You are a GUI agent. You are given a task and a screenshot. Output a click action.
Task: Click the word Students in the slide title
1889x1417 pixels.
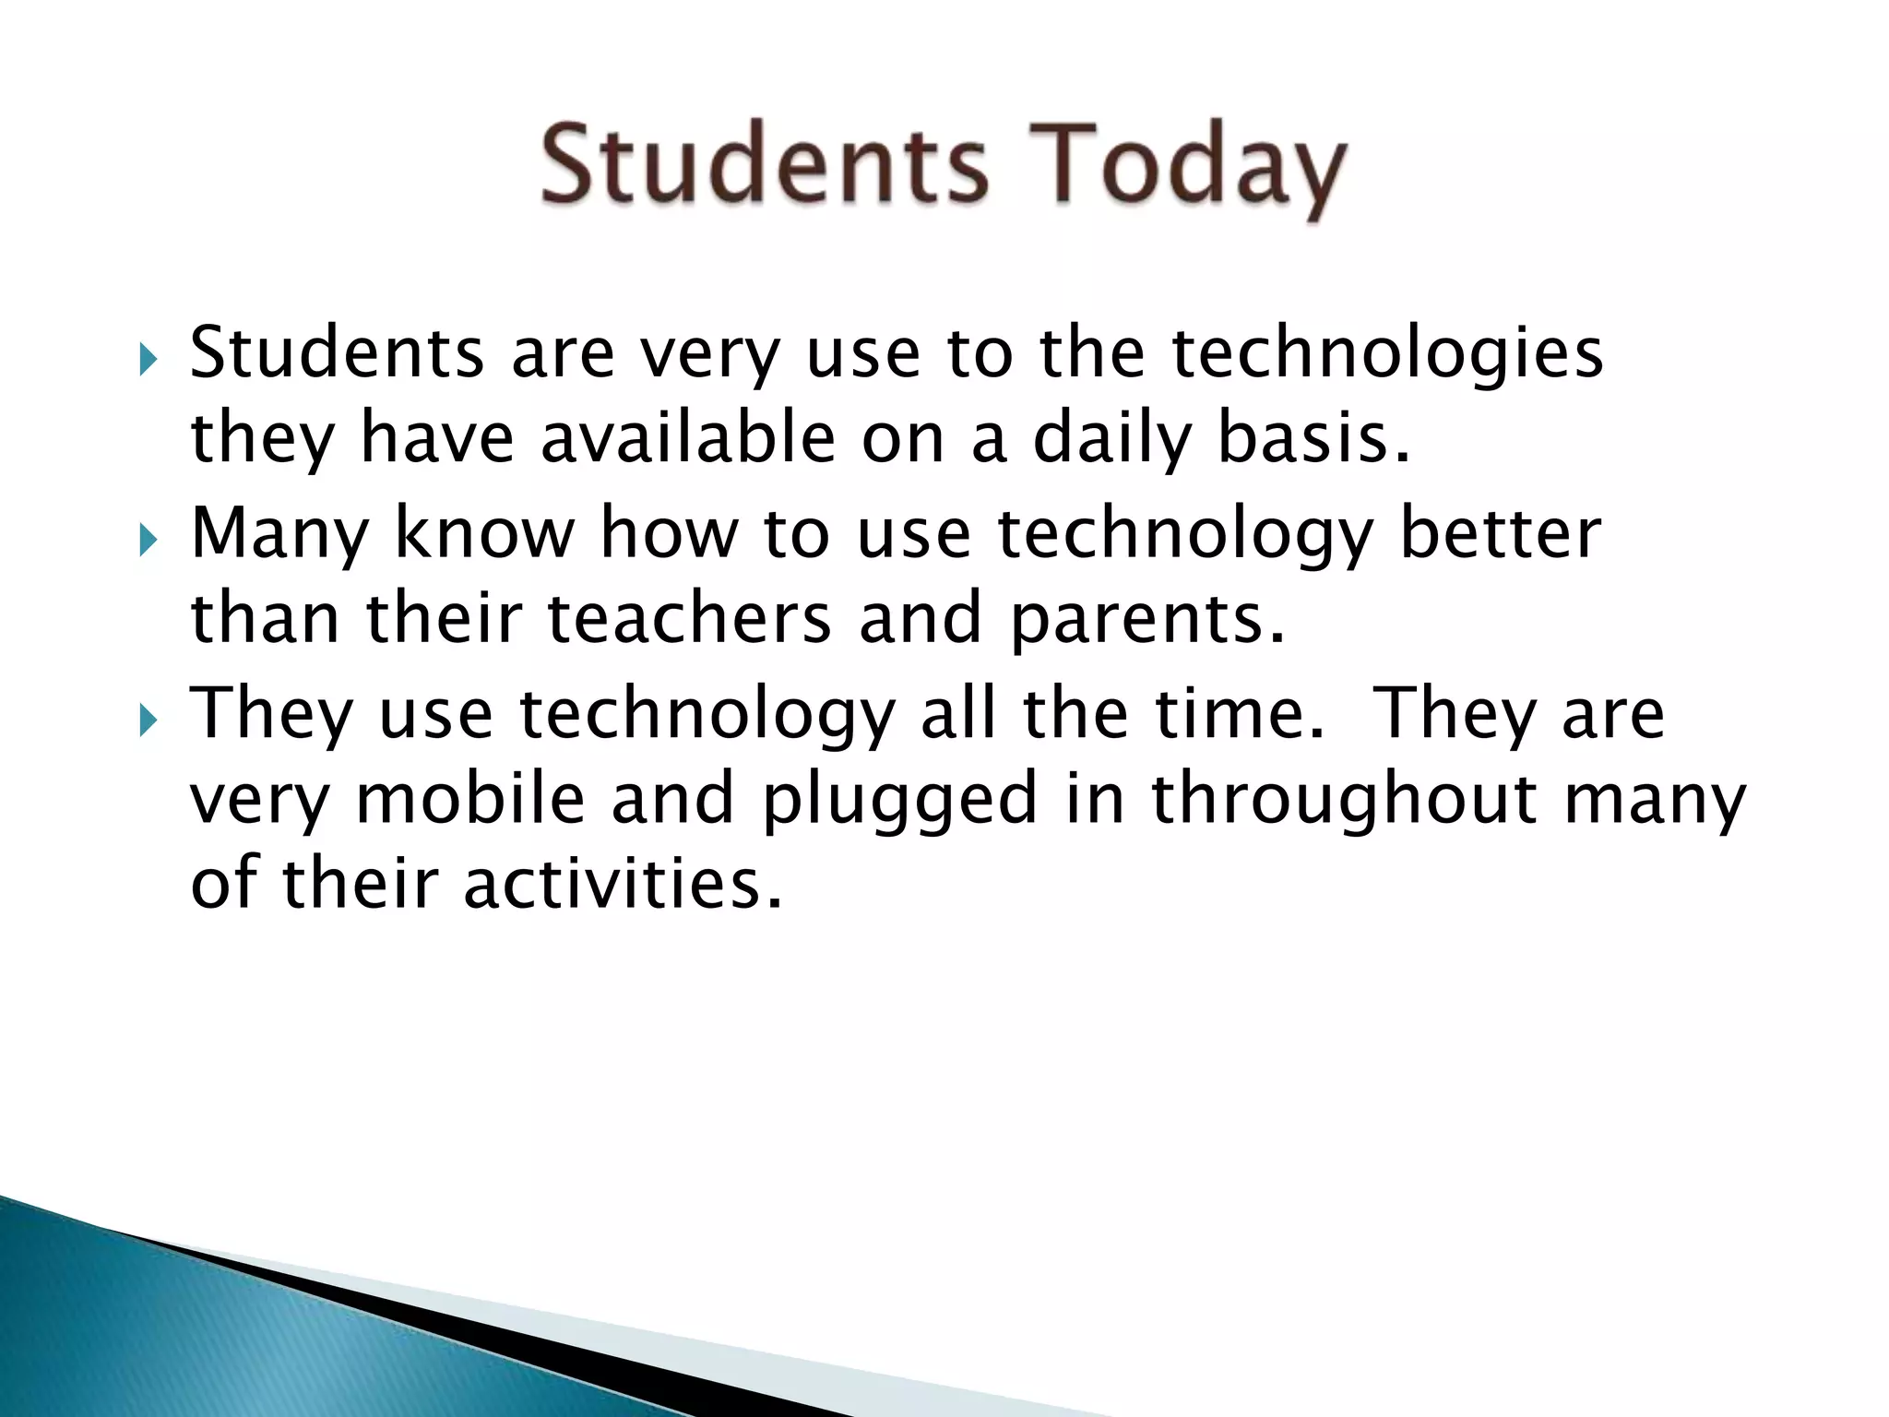click(764, 166)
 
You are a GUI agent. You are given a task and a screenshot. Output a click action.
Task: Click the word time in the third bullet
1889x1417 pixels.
click(1241, 714)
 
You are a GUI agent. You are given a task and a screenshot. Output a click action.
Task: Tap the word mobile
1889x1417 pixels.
click(470, 799)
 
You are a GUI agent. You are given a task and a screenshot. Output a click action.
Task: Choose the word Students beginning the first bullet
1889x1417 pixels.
click(337, 354)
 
